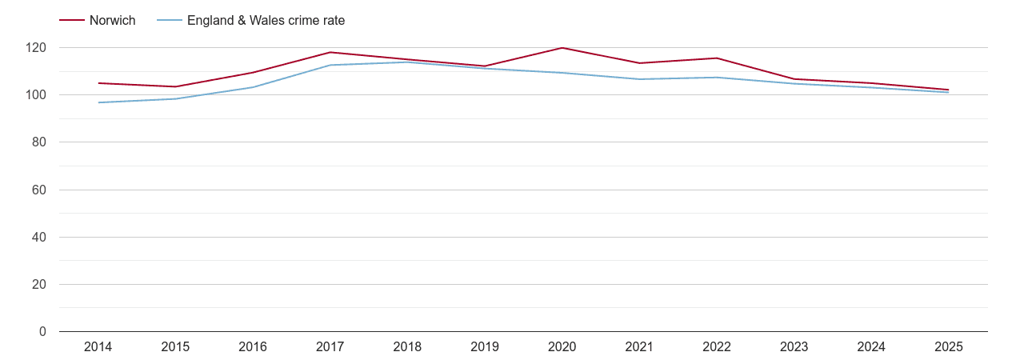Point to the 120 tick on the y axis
coord(36,48)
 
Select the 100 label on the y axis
coord(36,95)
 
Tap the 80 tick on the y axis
coord(39,142)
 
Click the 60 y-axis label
coord(39,190)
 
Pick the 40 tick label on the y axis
coord(39,238)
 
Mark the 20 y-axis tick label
coord(39,285)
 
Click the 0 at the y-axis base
coord(42,332)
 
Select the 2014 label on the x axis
coord(98,347)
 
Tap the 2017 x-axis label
coord(330,347)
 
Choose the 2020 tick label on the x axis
coord(562,347)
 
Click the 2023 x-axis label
coord(794,347)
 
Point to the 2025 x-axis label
coord(948,347)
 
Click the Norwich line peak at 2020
coord(562,48)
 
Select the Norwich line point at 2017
coord(330,53)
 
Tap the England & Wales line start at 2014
coord(98,102)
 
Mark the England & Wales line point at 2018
coord(407,62)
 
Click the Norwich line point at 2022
coord(717,58)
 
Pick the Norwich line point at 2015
coord(175,86)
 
